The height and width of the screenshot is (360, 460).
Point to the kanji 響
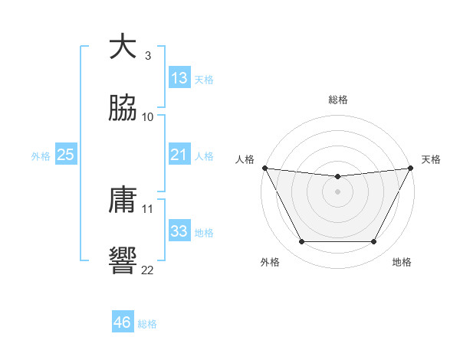tap(123, 261)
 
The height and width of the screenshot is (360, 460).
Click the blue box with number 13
tap(179, 78)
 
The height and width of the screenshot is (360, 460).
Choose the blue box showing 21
tap(179, 155)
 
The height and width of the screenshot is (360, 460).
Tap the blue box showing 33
tap(179, 232)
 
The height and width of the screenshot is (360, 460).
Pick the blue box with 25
tap(66, 155)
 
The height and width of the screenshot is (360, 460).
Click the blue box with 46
tap(123, 322)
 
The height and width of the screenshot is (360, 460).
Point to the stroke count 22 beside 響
tap(147, 270)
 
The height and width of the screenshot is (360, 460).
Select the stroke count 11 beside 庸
tap(147, 208)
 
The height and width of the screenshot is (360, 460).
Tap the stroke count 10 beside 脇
tap(147, 116)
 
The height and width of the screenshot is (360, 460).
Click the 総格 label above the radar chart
tap(338, 100)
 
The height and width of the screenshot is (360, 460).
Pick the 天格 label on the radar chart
tap(431, 159)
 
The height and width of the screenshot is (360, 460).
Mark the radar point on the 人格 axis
tap(264, 168)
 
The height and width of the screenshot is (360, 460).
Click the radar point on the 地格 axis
tap(374, 242)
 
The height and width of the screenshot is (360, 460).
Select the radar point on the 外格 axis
tap(301, 242)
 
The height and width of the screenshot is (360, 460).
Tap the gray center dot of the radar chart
tap(338, 191)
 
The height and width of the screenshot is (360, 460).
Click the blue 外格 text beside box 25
tap(41, 156)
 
